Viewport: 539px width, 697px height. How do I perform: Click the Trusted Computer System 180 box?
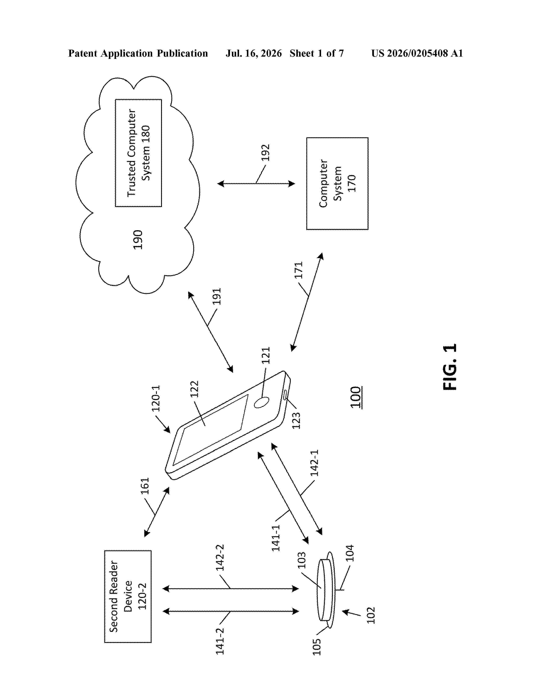[138, 153]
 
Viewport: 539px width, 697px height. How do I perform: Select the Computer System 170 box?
[337, 184]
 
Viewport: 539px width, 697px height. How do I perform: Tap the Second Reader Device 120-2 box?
[128, 596]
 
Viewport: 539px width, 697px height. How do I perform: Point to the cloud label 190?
[138, 239]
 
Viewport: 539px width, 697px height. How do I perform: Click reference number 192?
[265, 152]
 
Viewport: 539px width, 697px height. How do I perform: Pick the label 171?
[298, 270]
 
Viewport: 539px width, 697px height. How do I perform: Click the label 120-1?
[156, 398]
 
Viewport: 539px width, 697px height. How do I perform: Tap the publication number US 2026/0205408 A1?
[417, 53]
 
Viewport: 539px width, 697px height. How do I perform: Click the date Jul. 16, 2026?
[254, 53]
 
